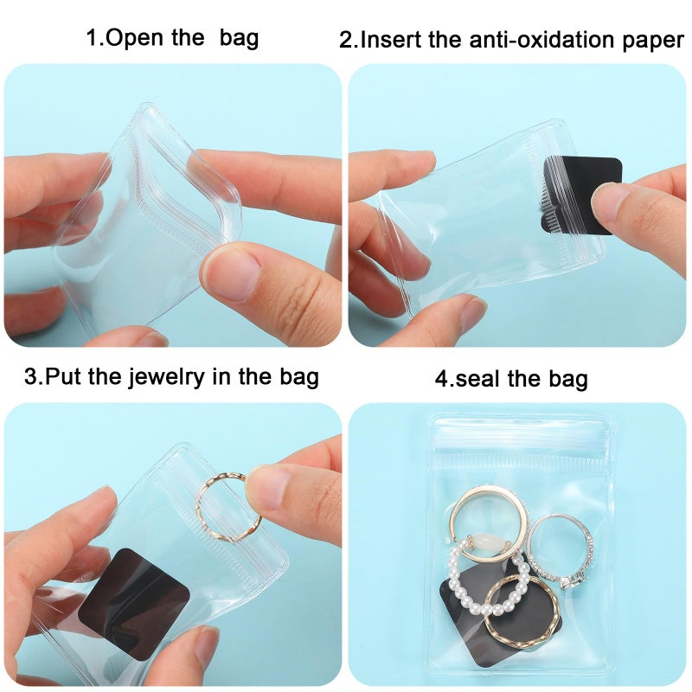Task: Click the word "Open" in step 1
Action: (141, 39)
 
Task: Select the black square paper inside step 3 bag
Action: (135, 590)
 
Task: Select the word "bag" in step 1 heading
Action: (240, 39)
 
